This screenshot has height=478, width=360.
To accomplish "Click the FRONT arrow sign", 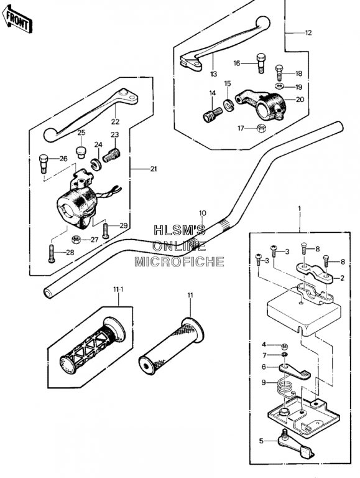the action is (17, 19).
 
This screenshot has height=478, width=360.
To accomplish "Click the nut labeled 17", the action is (261, 128).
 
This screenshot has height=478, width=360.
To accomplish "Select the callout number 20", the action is (300, 100).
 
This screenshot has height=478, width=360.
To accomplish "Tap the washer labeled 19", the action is (279, 87).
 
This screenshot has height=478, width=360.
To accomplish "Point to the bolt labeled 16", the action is (261, 63).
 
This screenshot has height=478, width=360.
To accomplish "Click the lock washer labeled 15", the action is (228, 105).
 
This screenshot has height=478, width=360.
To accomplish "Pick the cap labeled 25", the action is (81, 152).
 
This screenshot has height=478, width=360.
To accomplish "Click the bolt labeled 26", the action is (44, 164).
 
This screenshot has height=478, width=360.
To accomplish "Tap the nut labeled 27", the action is (76, 240).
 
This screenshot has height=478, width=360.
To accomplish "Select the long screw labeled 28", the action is (51, 253).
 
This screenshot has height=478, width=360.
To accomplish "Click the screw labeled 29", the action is (106, 231).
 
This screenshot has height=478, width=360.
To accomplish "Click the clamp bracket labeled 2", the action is (315, 272).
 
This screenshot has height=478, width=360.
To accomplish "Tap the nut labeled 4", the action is (285, 346).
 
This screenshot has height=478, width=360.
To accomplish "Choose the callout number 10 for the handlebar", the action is (203, 213).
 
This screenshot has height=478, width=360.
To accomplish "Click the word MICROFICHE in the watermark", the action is (180, 261).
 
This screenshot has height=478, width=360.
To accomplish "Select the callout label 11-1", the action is (118, 289).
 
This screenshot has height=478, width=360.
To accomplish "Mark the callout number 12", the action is (308, 32).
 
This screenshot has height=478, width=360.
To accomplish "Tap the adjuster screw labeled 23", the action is (111, 154).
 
